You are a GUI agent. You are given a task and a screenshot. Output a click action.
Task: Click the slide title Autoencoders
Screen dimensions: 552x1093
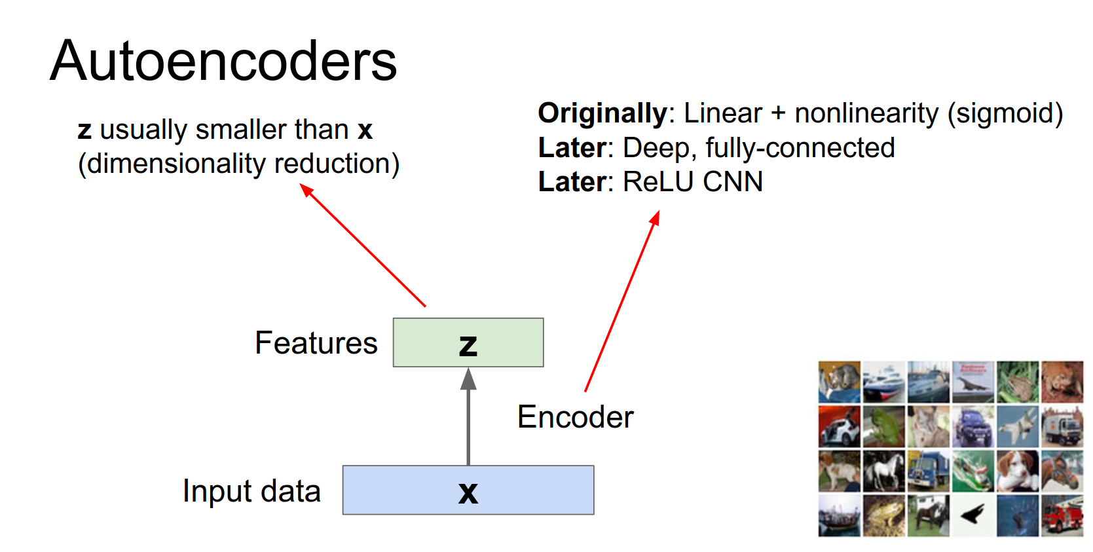[x=223, y=61]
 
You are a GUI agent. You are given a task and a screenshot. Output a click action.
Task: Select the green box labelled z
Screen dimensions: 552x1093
[x=468, y=342]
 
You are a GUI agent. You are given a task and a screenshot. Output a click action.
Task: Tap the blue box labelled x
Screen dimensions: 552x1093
[x=468, y=490]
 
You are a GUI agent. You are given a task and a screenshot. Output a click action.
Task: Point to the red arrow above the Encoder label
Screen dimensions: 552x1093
[x=622, y=301]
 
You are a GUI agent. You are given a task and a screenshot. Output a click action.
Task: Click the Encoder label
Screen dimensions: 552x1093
[x=575, y=417]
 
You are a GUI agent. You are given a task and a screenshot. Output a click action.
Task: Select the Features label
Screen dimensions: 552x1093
[x=316, y=343]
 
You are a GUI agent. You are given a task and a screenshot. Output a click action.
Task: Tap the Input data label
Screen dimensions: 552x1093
[x=251, y=491]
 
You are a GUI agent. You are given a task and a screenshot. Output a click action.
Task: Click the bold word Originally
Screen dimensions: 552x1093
[x=602, y=113]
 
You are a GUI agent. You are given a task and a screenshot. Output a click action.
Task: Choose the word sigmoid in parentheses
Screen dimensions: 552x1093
[x=1005, y=113]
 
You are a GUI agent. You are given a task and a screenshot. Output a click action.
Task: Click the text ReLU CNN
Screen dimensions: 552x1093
[x=693, y=182]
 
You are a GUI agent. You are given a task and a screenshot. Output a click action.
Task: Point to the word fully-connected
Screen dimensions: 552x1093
[x=800, y=148]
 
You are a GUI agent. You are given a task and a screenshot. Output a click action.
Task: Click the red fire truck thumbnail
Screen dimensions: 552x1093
[x=1062, y=516]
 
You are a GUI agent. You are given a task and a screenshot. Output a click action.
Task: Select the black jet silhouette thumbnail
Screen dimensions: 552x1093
[x=973, y=516]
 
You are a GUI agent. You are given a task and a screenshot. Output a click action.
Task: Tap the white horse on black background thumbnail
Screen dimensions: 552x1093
[x=883, y=471]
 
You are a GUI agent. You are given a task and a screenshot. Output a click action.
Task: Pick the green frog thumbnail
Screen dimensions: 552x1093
[x=883, y=426]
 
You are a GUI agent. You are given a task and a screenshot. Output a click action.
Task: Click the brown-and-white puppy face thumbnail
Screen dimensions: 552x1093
[x=1017, y=471]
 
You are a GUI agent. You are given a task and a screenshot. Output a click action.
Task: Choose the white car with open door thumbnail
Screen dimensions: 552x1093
[x=839, y=426]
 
